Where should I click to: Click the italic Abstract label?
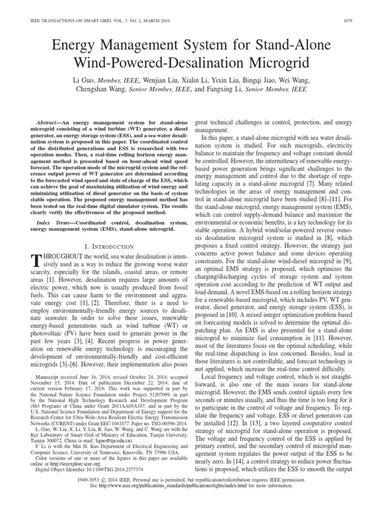[x=52, y=122]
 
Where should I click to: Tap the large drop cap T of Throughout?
[x=35, y=261]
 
